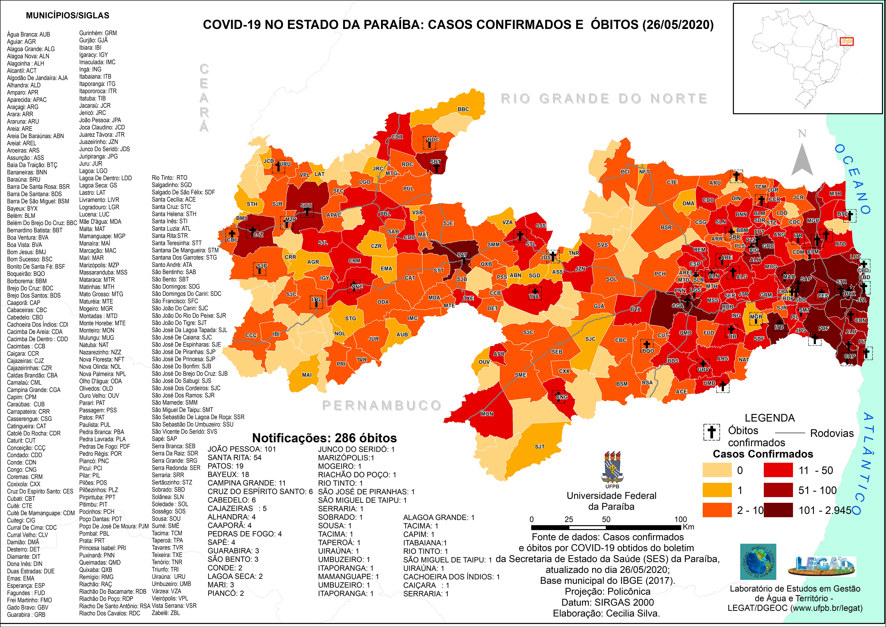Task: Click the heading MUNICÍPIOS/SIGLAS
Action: pos(68,15)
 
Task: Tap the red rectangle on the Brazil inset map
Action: pos(847,41)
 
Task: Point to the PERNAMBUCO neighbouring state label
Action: pos(382,405)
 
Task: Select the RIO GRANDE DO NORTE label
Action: pos(604,99)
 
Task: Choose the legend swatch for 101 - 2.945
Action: pos(778,510)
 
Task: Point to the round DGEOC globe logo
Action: pos(758,562)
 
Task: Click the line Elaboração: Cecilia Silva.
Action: pos(606,613)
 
